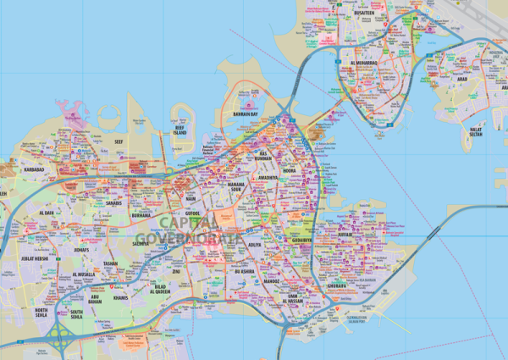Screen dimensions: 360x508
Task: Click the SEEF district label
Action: click(119, 142)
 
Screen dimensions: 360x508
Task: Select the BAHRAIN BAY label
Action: click(245, 113)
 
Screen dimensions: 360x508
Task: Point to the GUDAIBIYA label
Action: click(302, 241)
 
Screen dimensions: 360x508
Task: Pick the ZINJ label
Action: click(177, 273)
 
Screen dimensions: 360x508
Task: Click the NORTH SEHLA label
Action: click(41, 314)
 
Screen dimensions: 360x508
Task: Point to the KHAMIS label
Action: click(119, 298)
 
